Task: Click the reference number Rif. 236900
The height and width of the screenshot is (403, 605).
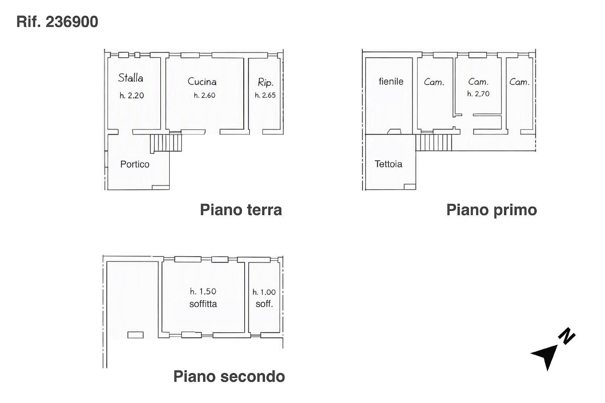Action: pyautogui.click(x=57, y=22)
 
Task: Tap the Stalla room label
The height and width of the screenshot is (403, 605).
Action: pyautogui.click(x=131, y=78)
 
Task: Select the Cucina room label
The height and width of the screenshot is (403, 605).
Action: pyautogui.click(x=202, y=82)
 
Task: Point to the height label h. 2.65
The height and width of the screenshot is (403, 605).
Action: pyautogui.click(x=265, y=95)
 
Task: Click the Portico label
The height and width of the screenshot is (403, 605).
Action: pyautogui.click(x=135, y=164)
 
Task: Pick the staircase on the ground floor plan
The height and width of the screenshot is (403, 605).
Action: pyautogui.click(x=166, y=143)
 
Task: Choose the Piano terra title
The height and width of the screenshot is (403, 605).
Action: pyautogui.click(x=241, y=209)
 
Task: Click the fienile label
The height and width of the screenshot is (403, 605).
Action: pyautogui.click(x=391, y=81)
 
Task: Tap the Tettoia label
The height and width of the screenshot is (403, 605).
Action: pyautogui.click(x=388, y=164)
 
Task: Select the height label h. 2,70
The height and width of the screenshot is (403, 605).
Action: pyautogui.click(x=478, y=94)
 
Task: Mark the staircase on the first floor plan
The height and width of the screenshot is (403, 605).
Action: pyautogui.click(x=433, y=143)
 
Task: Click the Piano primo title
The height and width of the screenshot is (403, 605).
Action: pyautogui.click(x=492, y=210)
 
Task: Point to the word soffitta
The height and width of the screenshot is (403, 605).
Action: pyautogui.click(x=203, y=304)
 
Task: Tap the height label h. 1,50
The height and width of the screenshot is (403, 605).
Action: pyautogui.click(x=203, y=291)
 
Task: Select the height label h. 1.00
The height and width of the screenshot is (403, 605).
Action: pyautogui.click(x=264, y=292)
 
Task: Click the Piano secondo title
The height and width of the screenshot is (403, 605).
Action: pyautogui.click(x=229, y=376)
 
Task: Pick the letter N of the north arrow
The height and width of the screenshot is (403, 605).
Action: pyautogui.click(x=567, y=336)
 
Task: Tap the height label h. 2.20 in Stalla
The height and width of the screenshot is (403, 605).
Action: pyautogui.click(x=132, y=95)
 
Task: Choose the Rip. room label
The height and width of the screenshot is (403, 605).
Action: pyautogui.click(x=266, y=82)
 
